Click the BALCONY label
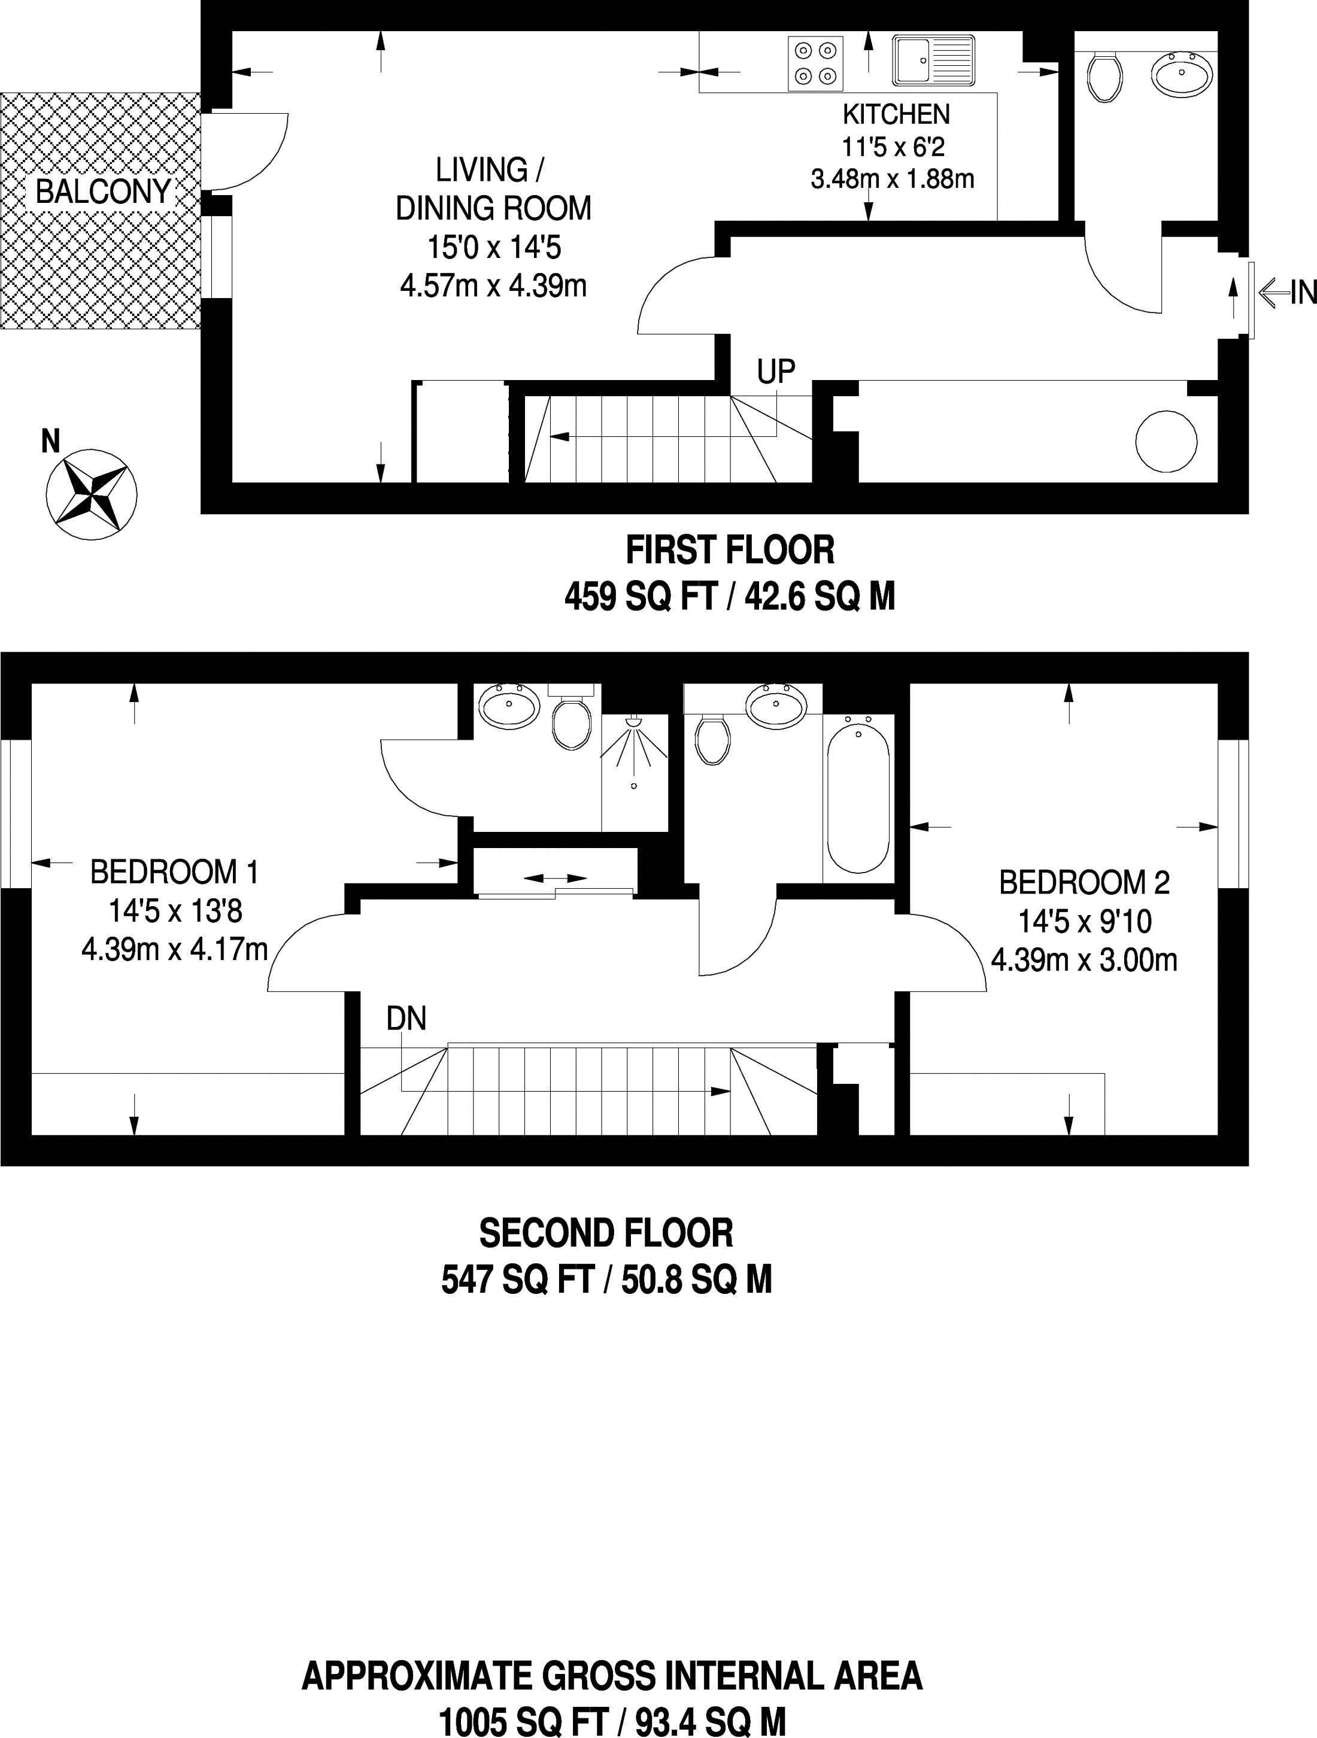[x=103, y=192]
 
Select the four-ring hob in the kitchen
[x=816, y=63]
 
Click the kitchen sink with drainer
[x=933, y=60]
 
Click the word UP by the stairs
[x=776, y=372]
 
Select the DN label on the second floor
[x=406, y=1019]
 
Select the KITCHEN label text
[x=896, y=115]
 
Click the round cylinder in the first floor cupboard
[x=1166, y=442]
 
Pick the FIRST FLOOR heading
[x=730, y=550]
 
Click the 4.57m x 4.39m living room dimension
[x=493, y=286]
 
